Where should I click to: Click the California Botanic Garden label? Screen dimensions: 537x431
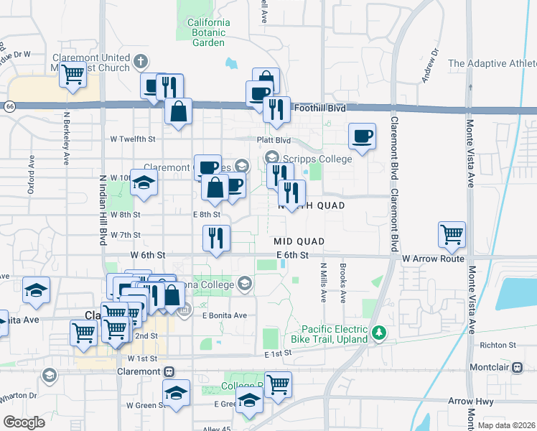coord(208,32)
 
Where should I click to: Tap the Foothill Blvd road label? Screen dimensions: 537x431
coord(318,108)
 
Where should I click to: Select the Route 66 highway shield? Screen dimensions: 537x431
coord(9,106)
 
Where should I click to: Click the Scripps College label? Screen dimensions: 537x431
coord(316,159)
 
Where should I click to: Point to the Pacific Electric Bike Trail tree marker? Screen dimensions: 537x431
coord(381,333)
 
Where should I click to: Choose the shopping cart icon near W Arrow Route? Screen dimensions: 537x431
coord(452,234)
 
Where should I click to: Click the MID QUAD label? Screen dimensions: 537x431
coord(299,241)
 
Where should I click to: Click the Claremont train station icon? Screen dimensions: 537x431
coord(169,371)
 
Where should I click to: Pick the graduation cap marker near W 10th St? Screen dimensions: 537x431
coord(144,182)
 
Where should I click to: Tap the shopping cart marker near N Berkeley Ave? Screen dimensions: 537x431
coord(73,74)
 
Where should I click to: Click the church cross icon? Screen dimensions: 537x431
coord(141,62)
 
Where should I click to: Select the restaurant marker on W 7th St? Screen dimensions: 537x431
coord(216,238)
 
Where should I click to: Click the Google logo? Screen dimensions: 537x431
coord(24,422)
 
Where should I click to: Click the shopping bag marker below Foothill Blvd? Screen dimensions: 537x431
coord(178,111)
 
